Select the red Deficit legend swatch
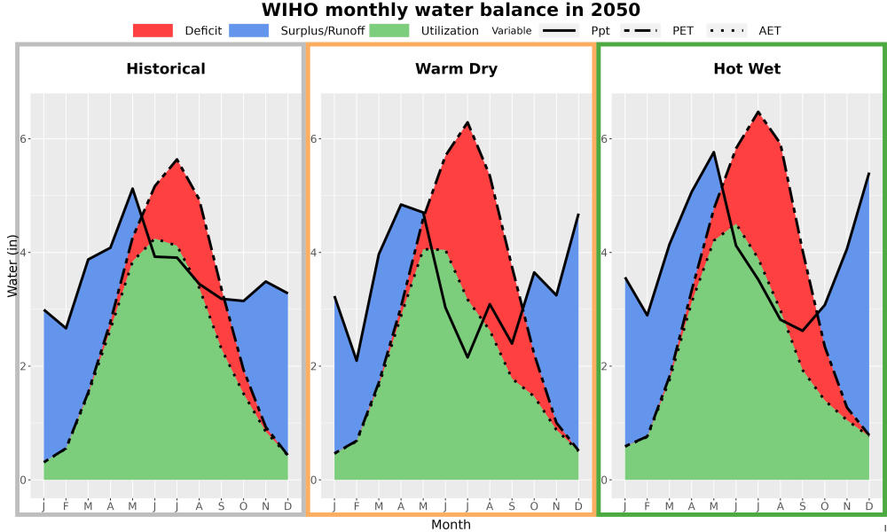(x=153, y=30)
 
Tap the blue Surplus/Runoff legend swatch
(x=249, y=30)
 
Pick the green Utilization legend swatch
(x=389, y=30)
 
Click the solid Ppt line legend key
(x=559, y=30)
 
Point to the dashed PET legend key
(x=640, y=30)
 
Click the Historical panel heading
(x=166, y=69)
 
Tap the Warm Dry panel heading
(x=457, y=69)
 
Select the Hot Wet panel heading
(x=747, y=69)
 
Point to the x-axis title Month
(x=451, y=525)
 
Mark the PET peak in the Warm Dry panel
(x=467, y=122)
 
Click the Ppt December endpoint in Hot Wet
(x=869, y=174)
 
